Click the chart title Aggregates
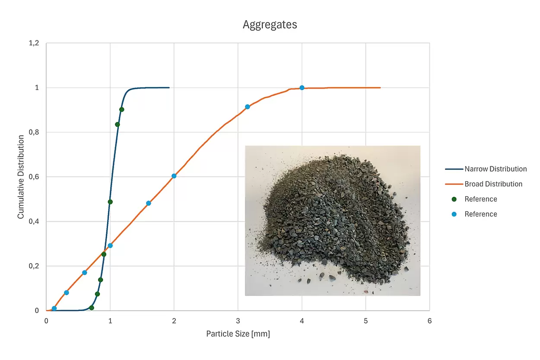point(270,25)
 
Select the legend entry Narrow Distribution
point(496,169)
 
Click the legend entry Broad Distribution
point(493,184)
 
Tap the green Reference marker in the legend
point(454,199)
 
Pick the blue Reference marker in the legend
point(454,214)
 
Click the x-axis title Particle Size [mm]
point(238,334)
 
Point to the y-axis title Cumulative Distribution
point(21,176)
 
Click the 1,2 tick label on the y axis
point(34,43)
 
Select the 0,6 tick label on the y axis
point(34,177)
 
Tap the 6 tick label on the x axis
point(429,321)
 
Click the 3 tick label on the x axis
point(238,321)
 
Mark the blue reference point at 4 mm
point(302,88)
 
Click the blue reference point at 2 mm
point(174,176)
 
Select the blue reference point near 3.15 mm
point(248,107)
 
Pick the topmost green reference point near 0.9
point(122,109)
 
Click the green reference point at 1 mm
point(110,202)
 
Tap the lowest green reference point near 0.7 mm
point(92,308)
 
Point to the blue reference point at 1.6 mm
point(149,203)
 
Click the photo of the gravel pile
point(332,220)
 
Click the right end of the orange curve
point(380,88)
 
